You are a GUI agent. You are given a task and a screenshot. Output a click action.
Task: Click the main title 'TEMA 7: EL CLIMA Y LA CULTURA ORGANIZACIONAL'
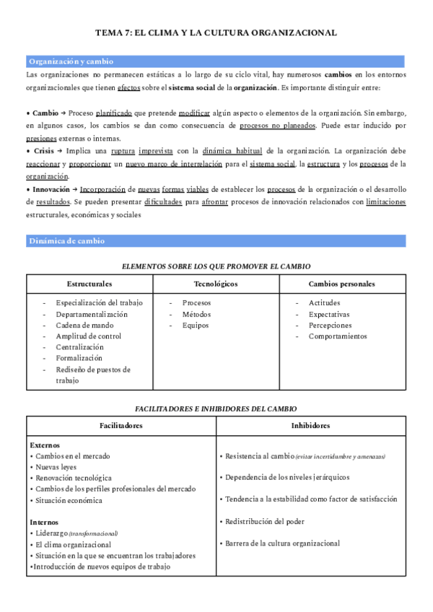pyautogui.click(x=216, y=33)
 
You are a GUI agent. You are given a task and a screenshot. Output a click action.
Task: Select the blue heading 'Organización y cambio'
pyautogui.click(x=71, y=62)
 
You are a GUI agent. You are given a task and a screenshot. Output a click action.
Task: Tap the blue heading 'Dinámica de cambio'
pyautogui.click(x=66, y=240)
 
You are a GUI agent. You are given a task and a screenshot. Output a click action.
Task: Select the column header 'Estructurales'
pyautogui.click(x=89, y=284)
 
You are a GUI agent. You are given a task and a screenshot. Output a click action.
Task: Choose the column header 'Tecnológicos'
pyautogui.click(x=216, y=284)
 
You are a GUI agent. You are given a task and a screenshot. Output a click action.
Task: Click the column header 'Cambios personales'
pyautogui.click(x=341, y=284)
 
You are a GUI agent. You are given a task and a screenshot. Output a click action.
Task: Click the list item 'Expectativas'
pyautogui.click(x=329, y=314)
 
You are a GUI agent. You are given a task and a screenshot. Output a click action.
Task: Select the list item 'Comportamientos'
pyautogui.click(x=338, y=336)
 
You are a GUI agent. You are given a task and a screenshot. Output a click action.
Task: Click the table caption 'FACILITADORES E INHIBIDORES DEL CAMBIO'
pyautogui.click(x=216, y=408)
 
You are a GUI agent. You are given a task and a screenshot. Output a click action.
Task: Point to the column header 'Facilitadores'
pyautogui.click(x=121, y=425)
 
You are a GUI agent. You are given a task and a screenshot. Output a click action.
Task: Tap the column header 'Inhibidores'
pyautogui.click(x=310, y=425)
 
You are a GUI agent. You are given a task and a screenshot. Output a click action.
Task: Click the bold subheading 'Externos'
pyautogui.click(x=45, y=445)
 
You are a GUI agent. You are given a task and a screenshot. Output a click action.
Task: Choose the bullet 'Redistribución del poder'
pyautogui.click(x=264, y=520)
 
